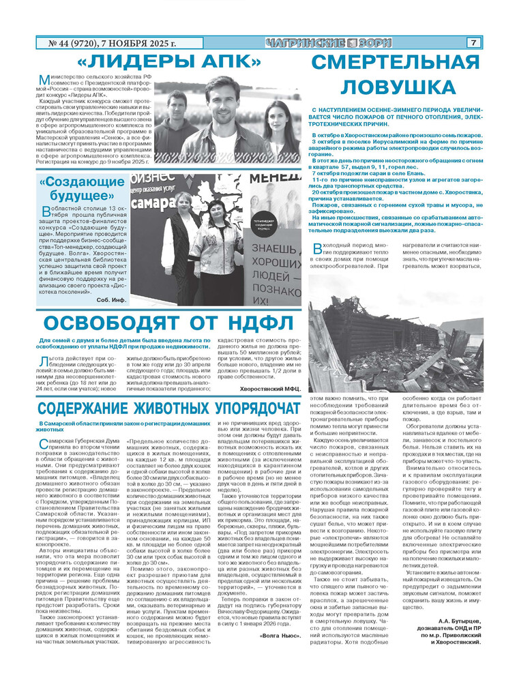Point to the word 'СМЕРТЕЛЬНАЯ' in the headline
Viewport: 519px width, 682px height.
point(396,62)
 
